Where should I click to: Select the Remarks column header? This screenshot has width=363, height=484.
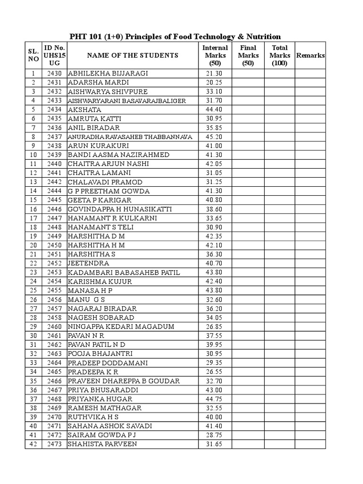pos(310,55)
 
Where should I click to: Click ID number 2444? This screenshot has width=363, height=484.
pos(55,191)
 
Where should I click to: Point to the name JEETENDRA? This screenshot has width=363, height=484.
pos(88,263)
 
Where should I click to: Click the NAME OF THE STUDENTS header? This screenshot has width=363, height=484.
pos(132,55)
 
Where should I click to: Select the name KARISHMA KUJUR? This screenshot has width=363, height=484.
pos(100,282)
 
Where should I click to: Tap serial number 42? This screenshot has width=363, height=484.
pos(33,444)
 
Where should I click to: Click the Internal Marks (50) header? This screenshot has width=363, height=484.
pos(215,55)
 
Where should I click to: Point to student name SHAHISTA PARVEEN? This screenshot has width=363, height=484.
pos(103,444)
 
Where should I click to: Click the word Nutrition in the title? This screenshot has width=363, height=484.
pos(263,36)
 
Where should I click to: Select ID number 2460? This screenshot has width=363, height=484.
pos(55,327)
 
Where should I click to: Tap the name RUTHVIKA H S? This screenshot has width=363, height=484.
pos(93,417)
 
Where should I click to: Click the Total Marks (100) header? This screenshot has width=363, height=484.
pos(279,55)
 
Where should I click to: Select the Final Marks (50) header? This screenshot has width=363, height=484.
pos(248,55)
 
